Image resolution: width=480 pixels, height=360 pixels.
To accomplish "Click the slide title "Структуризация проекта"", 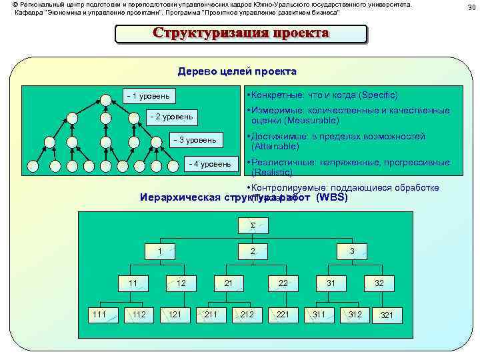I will (241, 34).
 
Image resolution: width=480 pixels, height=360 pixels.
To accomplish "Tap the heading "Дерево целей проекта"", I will (237, 71).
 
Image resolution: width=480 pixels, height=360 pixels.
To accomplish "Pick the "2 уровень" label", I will (171, 117).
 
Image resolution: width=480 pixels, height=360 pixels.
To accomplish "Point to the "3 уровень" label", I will (193, 140).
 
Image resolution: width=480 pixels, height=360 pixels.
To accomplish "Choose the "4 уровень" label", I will (210, 163).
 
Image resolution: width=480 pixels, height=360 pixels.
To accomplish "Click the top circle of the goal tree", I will (105, 100).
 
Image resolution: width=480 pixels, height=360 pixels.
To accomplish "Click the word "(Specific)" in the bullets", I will (378, 95).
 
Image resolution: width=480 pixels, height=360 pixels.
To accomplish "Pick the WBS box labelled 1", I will (159, 251).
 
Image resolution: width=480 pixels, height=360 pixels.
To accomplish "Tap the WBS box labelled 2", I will (252, 251).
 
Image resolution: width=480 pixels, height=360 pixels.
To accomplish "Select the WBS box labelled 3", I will (351, 251).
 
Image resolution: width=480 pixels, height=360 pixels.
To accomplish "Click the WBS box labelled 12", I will (181, 283).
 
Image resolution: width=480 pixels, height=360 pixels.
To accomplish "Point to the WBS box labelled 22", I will (283, 283).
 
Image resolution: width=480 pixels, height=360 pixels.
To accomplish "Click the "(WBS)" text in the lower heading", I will (332, 197).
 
